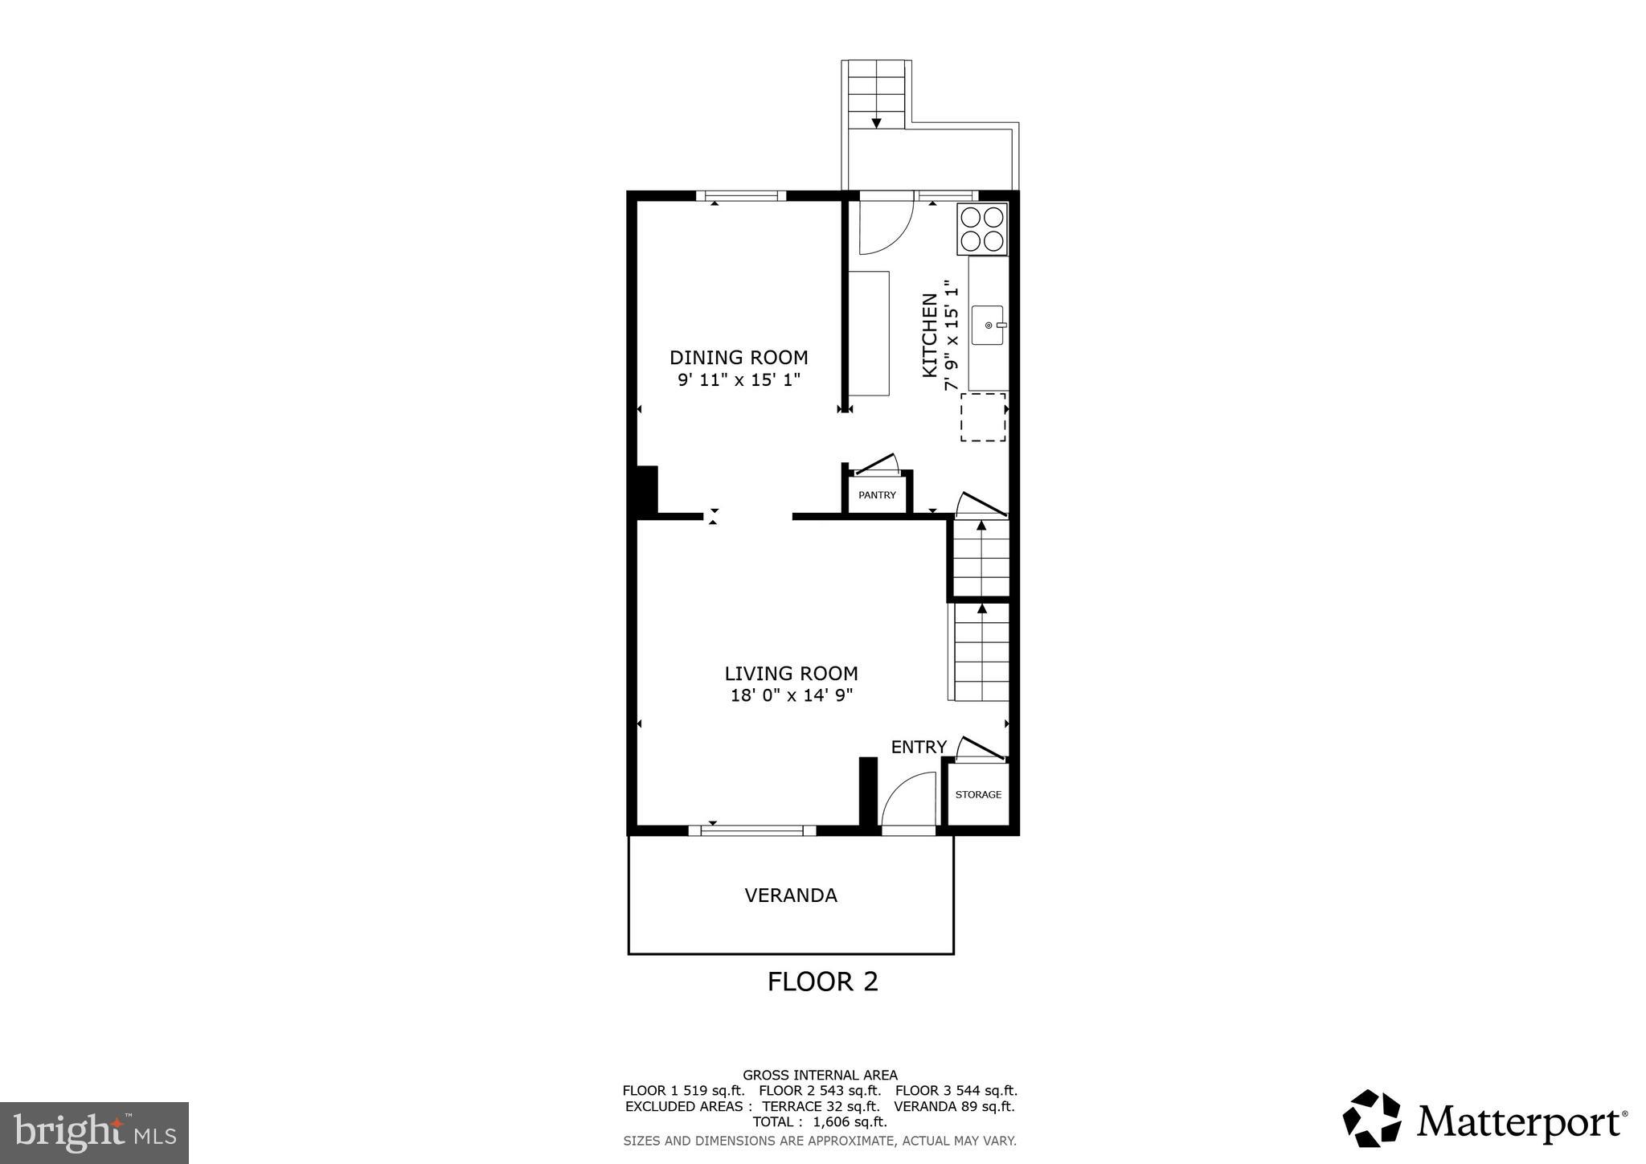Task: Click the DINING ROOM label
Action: (739, 358)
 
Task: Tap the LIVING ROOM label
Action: (791, 674)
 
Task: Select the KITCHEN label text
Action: (930, 335)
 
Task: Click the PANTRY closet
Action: (877, 494)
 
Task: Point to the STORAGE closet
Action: (978, 794)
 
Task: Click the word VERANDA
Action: (791, 896)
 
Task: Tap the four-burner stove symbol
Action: (982, 229)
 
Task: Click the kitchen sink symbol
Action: (988, 325)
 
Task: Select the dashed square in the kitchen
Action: (983, 417)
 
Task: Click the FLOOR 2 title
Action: (822, 982)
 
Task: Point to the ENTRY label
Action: (919, 747)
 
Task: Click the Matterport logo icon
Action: (1372, 1118)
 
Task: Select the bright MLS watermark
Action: (94, 1133)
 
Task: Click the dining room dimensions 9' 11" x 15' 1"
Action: (739, 379)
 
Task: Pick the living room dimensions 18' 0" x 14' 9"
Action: (791, 695)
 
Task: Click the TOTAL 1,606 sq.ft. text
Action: (819, 1121)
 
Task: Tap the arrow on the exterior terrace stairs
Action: (876, 122)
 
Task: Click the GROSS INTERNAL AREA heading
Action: (819, 1075)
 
